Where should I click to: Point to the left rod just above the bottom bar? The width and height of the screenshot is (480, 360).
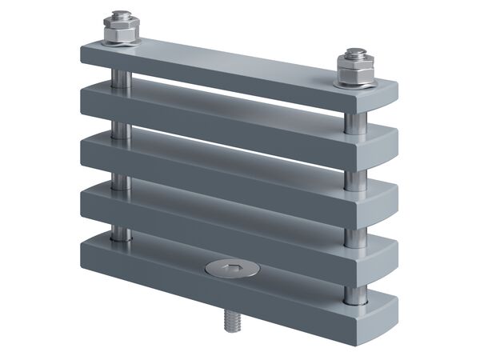[x=120, y=233]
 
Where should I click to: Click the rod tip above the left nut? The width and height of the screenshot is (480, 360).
[x=120, y=16]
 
